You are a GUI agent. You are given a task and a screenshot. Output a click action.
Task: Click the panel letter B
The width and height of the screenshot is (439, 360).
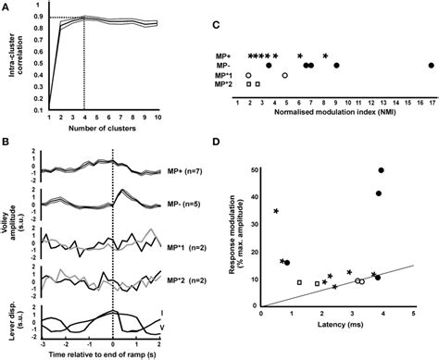click(7, 141)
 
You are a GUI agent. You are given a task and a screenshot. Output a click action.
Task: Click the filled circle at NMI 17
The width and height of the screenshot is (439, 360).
click(432, 65)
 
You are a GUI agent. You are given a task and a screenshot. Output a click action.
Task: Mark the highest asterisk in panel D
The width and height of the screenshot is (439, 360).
click(277, 212)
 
